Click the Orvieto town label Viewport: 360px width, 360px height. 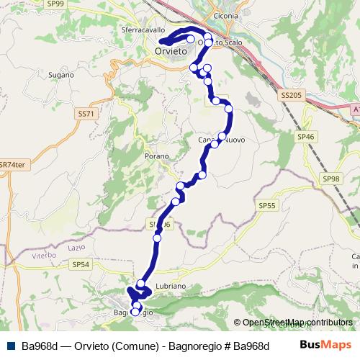(171, 53)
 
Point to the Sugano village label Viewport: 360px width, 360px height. (61, 74)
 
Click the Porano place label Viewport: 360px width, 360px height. (156, 156)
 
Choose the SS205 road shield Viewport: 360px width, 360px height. (291, 94)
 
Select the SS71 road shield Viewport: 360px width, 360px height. (85, 114)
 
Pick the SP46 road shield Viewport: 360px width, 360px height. (306, 136)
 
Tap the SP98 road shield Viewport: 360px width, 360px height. (330, 179)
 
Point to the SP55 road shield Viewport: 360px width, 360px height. (266, 205)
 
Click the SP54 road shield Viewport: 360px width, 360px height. (81, 264)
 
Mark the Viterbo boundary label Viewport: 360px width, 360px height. (43, 256)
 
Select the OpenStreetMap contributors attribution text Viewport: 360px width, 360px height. (297, 323)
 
